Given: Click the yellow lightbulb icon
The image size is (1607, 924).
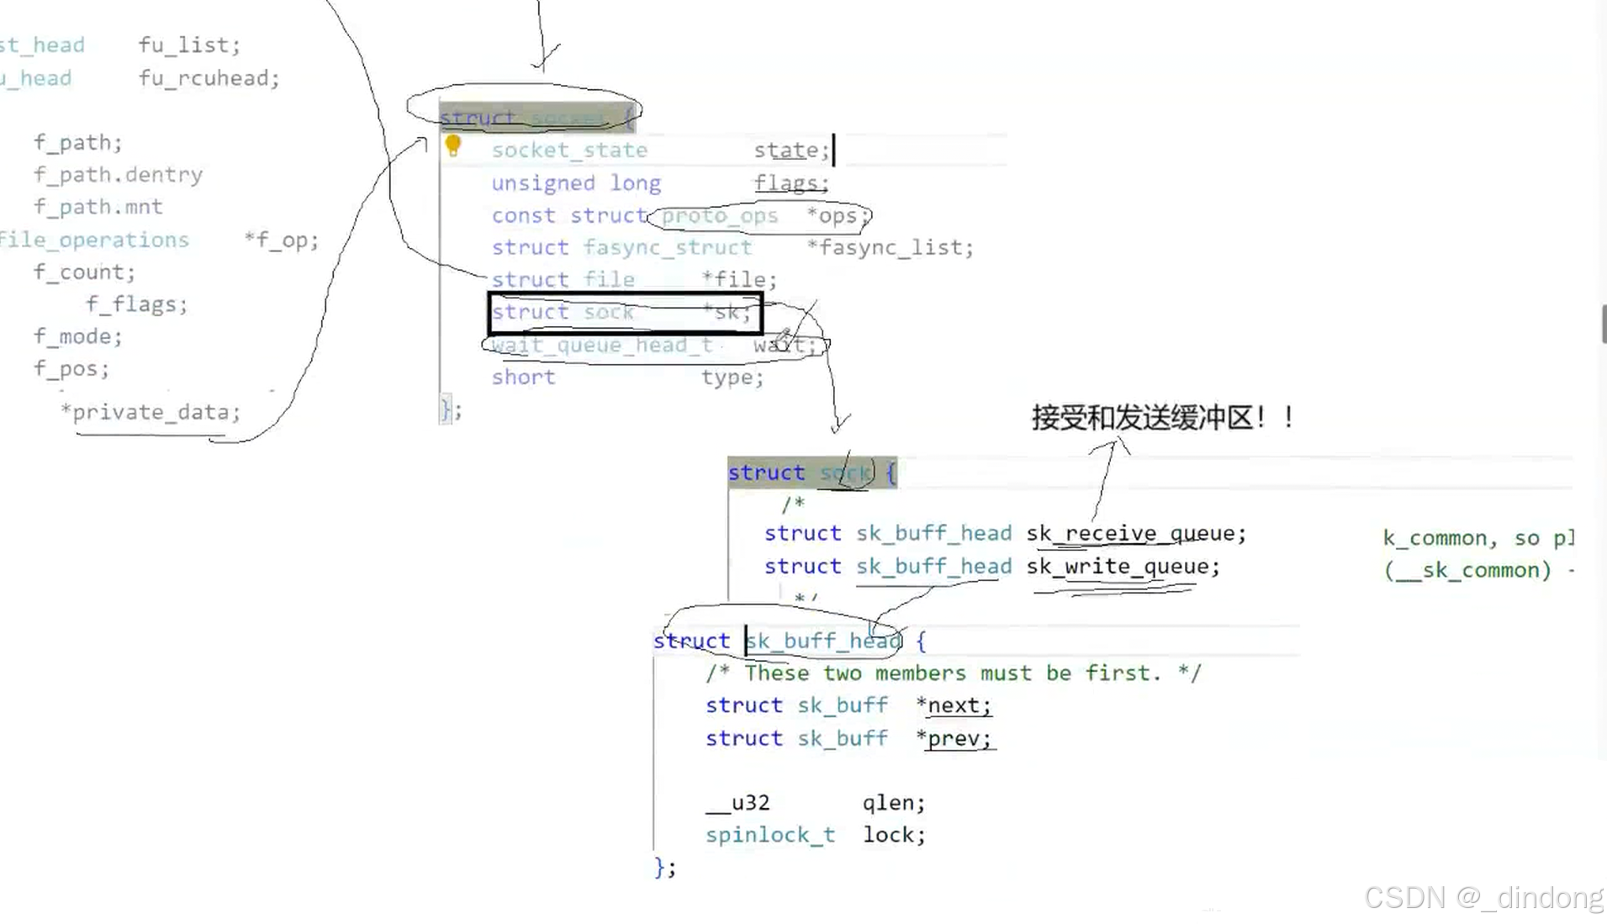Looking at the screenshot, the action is [453, 146].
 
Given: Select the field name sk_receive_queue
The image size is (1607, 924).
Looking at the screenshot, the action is [1134, 533].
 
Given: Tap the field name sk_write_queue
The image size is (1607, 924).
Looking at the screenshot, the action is [1122, 567].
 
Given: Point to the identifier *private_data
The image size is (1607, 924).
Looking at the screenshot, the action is [151, 412].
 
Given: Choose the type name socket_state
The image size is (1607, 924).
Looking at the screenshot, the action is [569, 150].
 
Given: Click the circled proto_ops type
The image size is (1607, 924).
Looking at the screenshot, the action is [719, 216].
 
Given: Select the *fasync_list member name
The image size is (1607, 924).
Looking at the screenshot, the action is [890, 248].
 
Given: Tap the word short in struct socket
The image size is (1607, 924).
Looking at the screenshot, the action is [523, 378].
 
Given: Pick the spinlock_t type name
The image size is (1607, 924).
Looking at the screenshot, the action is [770, 835].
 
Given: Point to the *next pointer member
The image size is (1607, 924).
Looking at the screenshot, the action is [954, 705].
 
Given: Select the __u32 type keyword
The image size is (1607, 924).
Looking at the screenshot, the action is [737, 803].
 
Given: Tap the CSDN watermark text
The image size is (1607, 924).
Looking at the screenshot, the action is [1483, 898].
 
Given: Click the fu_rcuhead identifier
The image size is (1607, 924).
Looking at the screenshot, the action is [208, 78].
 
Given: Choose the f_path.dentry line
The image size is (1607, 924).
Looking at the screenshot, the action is [118, 175].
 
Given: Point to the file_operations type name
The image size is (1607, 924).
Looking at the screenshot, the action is [94, 240].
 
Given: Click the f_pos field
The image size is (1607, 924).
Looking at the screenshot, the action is [71, 369].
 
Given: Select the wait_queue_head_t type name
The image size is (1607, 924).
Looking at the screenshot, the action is [601, 346].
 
